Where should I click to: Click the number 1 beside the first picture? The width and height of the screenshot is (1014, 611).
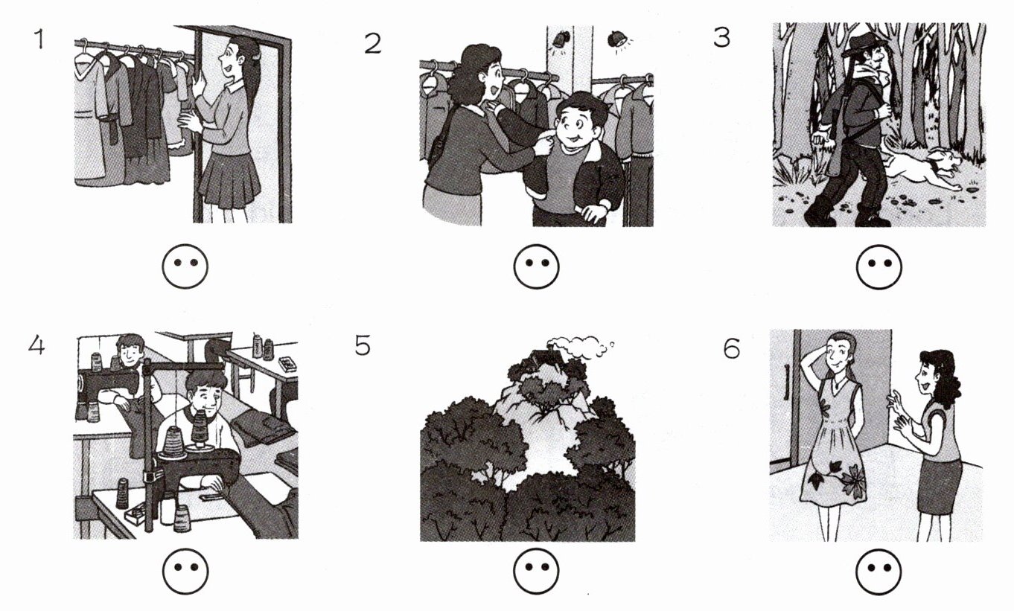click(40, 39)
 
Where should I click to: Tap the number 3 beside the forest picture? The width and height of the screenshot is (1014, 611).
click(721, 37)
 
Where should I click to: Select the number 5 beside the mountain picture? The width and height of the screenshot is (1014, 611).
click(363, 345)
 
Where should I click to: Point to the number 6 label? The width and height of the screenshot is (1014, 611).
click(732, 348)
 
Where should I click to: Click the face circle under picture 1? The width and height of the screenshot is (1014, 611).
click(185, 266)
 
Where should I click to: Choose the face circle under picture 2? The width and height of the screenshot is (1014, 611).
click(537, 266)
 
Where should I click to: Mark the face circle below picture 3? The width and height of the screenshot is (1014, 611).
click(879, 266)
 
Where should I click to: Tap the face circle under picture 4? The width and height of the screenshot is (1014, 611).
click(185, 571)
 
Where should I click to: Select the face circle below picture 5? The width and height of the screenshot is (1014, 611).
click(537, 571)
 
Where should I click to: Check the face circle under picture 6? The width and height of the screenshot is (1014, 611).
click(879, 571)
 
